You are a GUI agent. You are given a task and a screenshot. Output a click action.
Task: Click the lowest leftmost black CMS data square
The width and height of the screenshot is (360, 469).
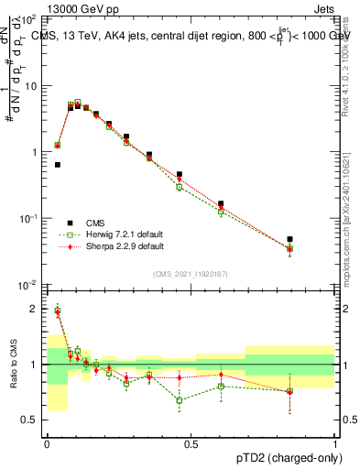(x=58, y=165)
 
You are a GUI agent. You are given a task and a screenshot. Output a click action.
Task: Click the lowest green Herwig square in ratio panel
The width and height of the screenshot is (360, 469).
(x=180, y=400)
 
